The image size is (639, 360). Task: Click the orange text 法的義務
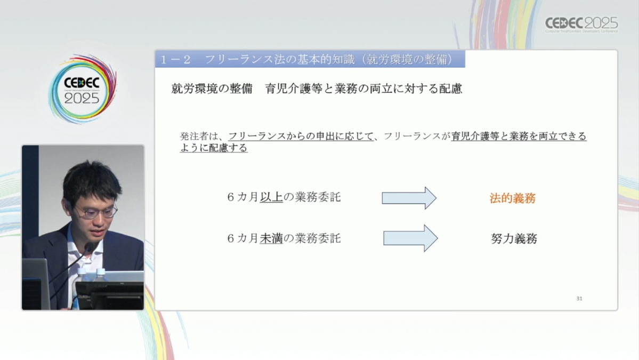[x=512, y=198]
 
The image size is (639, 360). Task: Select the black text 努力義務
[x=514, y=238]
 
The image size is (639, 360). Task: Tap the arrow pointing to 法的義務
[x=409, y=198]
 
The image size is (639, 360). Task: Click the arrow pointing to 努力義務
[x=410, y=238]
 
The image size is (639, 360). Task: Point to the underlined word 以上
[x=271, y=197]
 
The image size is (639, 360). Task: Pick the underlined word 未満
[x=271, y=238]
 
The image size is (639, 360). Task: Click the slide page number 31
[x=579, y=299]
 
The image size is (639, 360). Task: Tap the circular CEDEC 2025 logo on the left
[x=83, y=89]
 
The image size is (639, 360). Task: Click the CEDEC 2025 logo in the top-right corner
[x=581, y=25]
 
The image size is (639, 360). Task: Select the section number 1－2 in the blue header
[x=176, y=60]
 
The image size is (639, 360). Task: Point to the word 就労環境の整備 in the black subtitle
[x=212, y=89]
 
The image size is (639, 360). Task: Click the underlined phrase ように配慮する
[x=214, y=148]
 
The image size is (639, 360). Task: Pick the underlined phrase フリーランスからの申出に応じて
[x=301, y=136]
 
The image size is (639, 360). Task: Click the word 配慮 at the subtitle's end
[x=450, y=89]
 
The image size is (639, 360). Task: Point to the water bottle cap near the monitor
[x=100, y=271]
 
